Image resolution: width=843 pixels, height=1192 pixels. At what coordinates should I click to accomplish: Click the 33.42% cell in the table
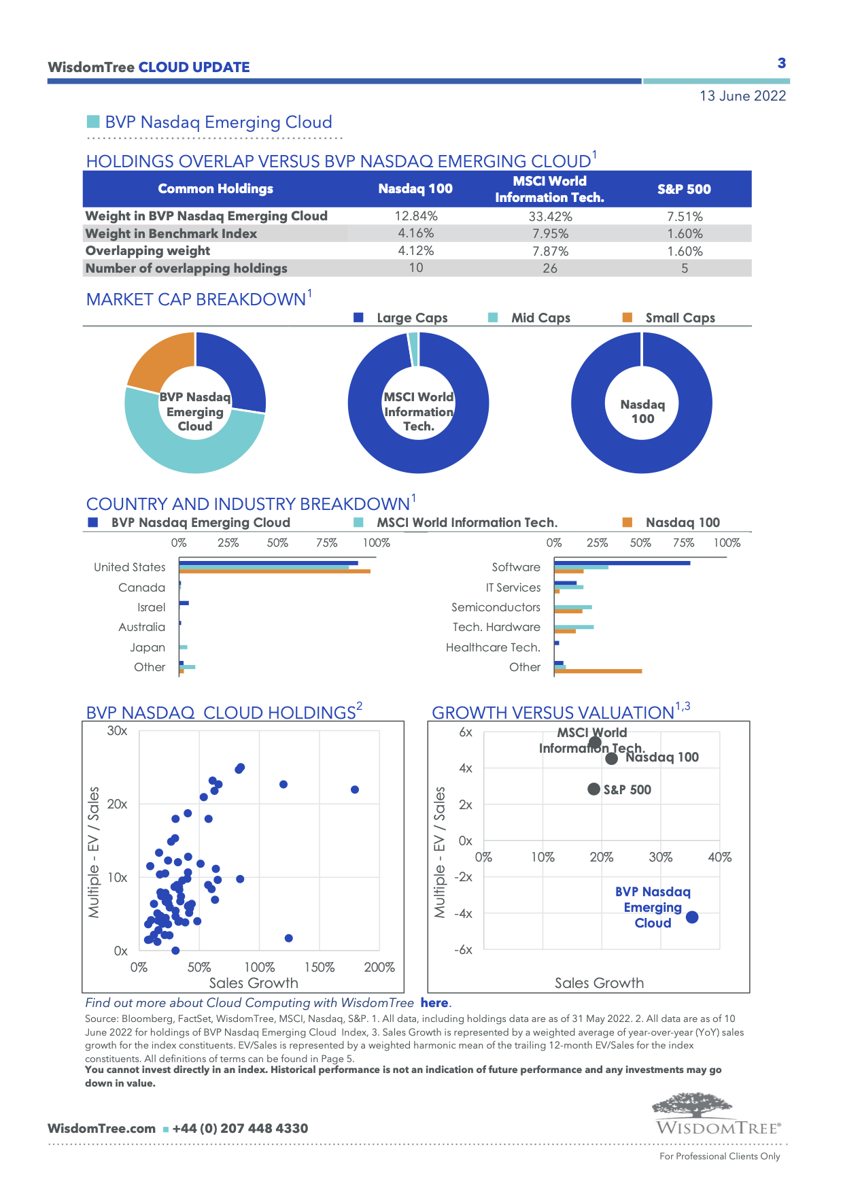click(550, 216)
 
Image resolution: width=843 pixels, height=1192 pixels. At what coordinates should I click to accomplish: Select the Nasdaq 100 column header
click(415, 189)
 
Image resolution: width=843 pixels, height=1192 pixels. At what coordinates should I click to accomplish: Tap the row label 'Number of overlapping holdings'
click(186, 269)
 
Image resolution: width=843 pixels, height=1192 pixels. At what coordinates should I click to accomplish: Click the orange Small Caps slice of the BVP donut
click(159, 359)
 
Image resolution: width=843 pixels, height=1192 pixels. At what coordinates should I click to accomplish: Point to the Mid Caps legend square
click(494, 318)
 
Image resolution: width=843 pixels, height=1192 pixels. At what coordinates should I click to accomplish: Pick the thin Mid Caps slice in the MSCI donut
click(413, 349)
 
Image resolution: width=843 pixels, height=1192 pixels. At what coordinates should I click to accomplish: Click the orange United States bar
click(275, 571)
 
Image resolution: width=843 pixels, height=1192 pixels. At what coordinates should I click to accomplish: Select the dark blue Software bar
click(622, 563)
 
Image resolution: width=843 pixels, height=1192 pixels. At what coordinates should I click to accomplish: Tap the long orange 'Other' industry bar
click(598, 671)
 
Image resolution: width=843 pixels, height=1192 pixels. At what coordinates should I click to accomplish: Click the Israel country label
click(151, 607)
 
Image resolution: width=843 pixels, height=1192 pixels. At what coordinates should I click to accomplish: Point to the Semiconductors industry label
click(496, 607)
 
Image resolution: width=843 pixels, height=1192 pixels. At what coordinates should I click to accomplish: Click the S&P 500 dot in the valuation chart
click(593, 789)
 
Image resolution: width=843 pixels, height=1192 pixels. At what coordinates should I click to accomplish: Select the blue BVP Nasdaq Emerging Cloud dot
click(692, 917)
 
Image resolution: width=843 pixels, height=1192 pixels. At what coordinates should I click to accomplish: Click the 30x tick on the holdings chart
click(118, 731)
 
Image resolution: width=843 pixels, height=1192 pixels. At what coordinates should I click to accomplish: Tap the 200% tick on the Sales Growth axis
click(379, 968)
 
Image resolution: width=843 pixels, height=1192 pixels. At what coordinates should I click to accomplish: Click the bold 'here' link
click(434, 1003)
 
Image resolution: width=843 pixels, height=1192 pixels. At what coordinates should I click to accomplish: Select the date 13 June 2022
click(742, 96)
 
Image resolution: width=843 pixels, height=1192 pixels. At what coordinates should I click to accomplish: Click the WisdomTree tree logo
click(692, 1106)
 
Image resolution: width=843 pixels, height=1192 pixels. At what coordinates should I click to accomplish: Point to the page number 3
click(782, 63)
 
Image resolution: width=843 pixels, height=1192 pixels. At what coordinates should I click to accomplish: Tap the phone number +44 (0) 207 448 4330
click(240, 1129)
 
